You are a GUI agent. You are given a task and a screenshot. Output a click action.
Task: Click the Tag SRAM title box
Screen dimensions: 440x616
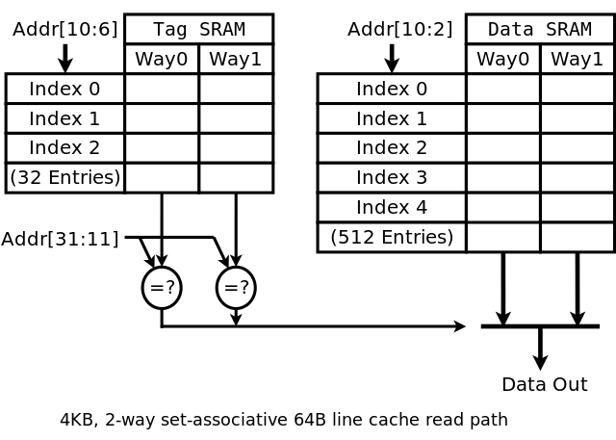click(x=198, y=29)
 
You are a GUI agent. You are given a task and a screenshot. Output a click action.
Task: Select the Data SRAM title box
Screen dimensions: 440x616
click(x=540, y=29)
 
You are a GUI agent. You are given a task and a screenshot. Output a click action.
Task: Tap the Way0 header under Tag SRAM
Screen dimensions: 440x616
click(x=162, y=59)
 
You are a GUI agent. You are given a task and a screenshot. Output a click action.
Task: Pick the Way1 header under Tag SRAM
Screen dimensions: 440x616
click(x=236, y=59)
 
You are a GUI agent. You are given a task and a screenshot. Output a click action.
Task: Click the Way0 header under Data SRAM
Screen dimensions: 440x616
click(x=503, y=59)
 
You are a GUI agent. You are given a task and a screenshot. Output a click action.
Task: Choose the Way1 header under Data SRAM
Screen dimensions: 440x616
click(x=577, y=59)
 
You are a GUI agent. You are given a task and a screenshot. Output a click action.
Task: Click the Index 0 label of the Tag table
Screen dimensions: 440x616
click(x=65, y=89)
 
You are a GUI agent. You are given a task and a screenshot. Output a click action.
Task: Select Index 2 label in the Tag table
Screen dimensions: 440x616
click(x=65, y=148)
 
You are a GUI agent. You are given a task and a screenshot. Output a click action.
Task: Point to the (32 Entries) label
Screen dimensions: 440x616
click(x=65, y=177)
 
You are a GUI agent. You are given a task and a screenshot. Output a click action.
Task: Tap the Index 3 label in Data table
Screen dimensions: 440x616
click(x=392, y=177)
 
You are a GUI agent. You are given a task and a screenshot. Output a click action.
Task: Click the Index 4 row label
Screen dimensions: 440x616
click(x=392, y=207)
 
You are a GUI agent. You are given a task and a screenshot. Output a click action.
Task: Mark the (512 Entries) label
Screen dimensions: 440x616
click(x=392, y=237)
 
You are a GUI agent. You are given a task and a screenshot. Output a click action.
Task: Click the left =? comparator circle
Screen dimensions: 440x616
click(x=162, y=287)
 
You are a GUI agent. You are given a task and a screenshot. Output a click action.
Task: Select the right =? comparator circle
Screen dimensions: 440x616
click(x=236, y=287)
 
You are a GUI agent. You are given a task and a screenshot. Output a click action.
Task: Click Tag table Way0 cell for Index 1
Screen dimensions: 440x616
click(x=162, y=118)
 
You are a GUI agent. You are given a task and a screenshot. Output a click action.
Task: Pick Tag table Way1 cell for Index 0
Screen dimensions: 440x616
click(x=236, y=89)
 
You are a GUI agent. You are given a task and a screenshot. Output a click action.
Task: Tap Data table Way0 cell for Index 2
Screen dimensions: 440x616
click(x=503, y=148)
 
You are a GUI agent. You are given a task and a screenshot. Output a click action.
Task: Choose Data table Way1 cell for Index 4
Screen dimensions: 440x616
click(x=577, y=207)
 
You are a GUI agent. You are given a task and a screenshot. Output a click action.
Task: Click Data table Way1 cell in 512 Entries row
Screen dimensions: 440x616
click(x=577, y=237)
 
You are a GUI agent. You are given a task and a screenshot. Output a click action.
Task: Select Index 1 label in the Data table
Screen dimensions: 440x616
click(x=392, y=118)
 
